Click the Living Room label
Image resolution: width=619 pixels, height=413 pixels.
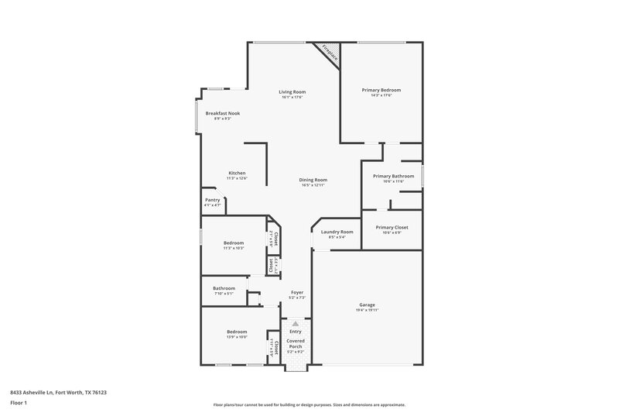coord(292,92)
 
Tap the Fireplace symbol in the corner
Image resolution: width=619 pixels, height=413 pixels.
coord(330,53)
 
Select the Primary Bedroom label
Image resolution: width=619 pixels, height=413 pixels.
coord(381,90)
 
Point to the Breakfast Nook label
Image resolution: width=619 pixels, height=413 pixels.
coord(223,113)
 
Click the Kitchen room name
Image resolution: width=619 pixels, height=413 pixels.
coord(237,173)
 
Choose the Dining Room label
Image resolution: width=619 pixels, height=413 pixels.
coord(313,180)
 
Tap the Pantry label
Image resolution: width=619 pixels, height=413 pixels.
coord(213,200)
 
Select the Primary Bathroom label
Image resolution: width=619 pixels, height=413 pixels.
coord(393,176)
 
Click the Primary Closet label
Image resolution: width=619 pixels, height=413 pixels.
coord(392,227)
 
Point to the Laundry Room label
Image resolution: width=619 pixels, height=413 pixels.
coord(337,232)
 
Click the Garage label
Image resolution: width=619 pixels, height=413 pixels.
coord(367,305)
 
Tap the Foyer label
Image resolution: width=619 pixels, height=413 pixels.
coord(297,292)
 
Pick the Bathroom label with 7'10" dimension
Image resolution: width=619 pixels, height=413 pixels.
coord(224,289)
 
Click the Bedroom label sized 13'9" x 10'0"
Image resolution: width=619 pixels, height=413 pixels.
coord(237,331)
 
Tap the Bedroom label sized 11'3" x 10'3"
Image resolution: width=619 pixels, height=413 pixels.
coord(234,243)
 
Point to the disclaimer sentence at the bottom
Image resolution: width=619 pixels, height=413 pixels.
coord(309,404)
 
